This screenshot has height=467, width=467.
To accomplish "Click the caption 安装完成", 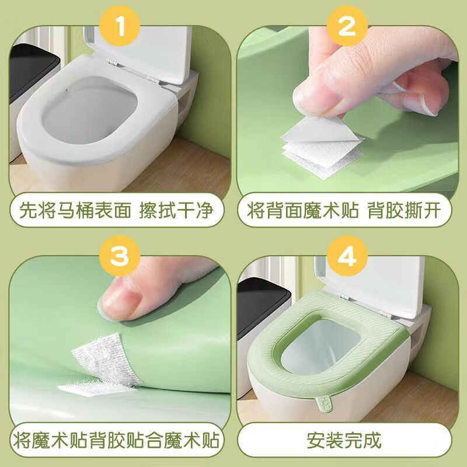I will (348, 439).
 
